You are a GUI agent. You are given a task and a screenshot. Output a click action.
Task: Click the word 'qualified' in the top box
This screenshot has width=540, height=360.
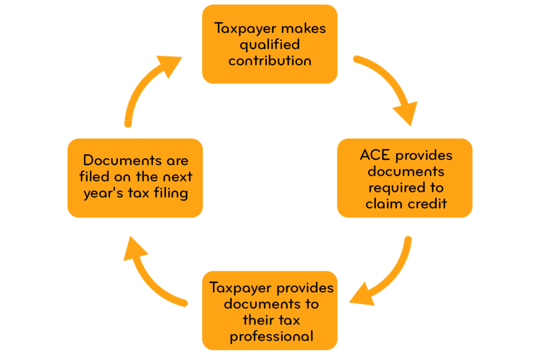coord(269,45)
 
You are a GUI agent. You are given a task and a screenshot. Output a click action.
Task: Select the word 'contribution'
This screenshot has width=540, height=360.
coord(269,60)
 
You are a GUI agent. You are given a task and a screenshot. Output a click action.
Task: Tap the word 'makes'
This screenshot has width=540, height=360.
coord(304,28)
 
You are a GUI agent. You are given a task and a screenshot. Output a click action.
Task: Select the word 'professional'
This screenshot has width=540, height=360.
coord(271,336)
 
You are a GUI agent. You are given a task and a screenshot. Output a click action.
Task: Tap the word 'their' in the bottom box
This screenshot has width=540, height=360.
coord(256,319)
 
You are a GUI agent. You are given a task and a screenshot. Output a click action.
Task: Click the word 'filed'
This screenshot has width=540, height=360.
coord(97,177)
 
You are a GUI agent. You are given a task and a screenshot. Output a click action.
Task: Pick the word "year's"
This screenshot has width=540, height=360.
coord(103,193)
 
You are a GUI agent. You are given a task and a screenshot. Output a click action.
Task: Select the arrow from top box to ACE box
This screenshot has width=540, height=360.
coord(388,87)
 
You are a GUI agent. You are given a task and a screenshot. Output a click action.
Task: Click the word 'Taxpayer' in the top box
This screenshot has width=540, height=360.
coord(242,28)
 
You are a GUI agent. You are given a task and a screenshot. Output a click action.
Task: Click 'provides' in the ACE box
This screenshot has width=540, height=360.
coord(424,155)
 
